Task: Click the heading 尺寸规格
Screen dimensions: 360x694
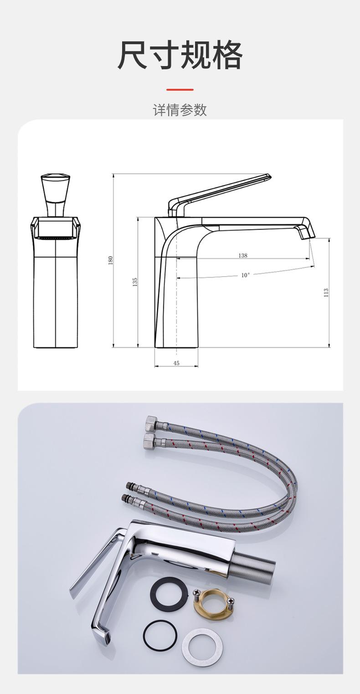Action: point(180,55)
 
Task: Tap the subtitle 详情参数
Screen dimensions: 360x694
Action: point(180,110)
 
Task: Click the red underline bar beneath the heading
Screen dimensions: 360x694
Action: point(180,89)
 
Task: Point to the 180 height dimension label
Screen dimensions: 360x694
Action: point(111,260)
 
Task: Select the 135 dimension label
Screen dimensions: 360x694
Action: point(135,282)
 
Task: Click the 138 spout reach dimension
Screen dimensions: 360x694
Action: point(243,255)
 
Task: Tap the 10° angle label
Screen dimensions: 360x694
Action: point(245,275)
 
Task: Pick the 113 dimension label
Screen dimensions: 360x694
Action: point(326,293)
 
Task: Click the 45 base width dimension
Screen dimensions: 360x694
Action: point(176,363)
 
